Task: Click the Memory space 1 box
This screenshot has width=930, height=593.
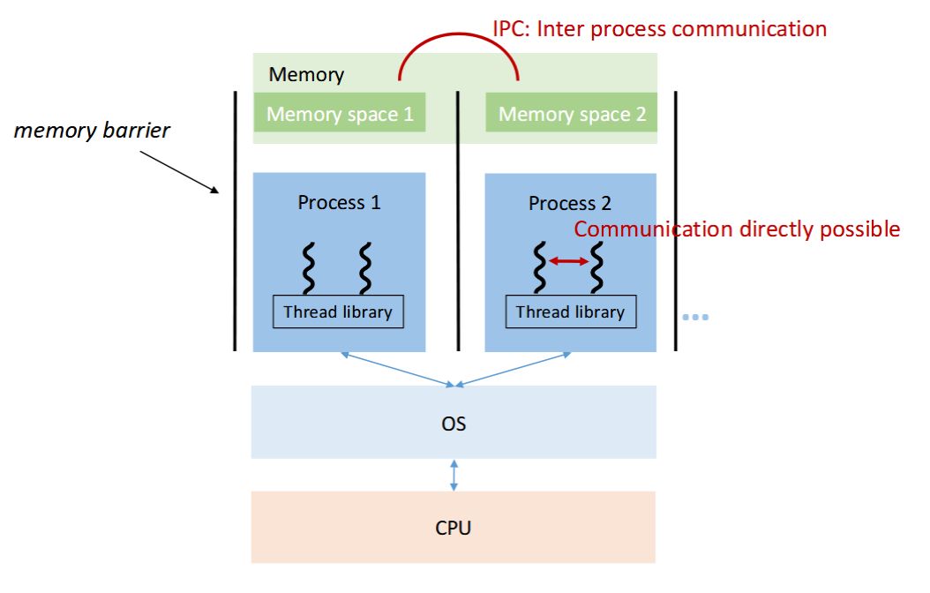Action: (340, 114)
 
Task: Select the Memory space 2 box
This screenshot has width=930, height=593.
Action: (572, 114)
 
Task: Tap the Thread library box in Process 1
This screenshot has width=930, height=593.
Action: (338, 312)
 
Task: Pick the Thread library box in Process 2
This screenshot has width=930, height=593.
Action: (570, 312)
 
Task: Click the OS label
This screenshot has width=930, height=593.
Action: (454, 424)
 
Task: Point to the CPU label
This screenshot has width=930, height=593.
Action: (454, 529)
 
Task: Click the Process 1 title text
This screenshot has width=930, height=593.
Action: (340, 202)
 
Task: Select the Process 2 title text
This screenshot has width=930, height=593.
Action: (570, 204)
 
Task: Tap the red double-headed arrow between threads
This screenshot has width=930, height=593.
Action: (569, 261)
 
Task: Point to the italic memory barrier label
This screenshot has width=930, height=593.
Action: (93, 131)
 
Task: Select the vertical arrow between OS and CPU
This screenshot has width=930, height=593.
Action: (454, 475)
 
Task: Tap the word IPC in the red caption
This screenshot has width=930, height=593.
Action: (510, 28)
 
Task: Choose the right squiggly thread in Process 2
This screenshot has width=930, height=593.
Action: (597, 267)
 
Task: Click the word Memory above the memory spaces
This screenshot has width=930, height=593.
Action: (306, 74)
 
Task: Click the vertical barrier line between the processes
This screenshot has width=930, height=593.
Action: (458, 221)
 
